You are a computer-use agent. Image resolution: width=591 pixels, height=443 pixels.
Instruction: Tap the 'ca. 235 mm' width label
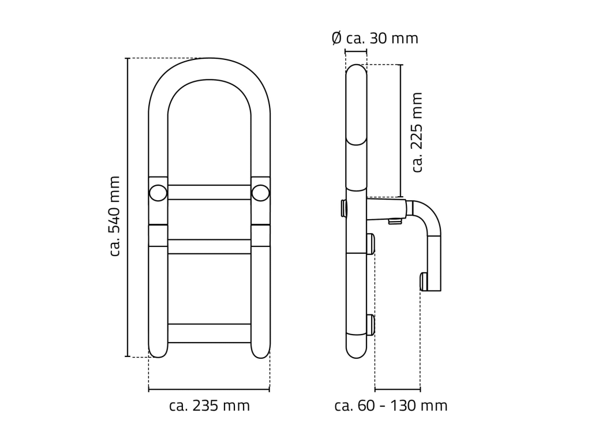pos(210,406)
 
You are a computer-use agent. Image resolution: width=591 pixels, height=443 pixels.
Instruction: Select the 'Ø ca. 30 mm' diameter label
pos(375,38)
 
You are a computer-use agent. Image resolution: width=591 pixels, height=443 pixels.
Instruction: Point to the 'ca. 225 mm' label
pos(418,133)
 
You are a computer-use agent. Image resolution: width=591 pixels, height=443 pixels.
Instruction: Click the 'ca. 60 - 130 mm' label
pos(391,406)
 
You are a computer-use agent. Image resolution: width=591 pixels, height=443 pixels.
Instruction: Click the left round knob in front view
pos(158,193)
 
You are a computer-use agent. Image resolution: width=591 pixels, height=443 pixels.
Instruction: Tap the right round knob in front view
pos(260,193)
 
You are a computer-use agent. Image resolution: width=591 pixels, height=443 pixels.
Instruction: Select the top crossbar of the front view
pos(209,192)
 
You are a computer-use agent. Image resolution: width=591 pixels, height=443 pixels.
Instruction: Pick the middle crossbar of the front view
pos(209,246)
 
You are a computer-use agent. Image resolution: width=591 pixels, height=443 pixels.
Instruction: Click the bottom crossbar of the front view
pos(209,333)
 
